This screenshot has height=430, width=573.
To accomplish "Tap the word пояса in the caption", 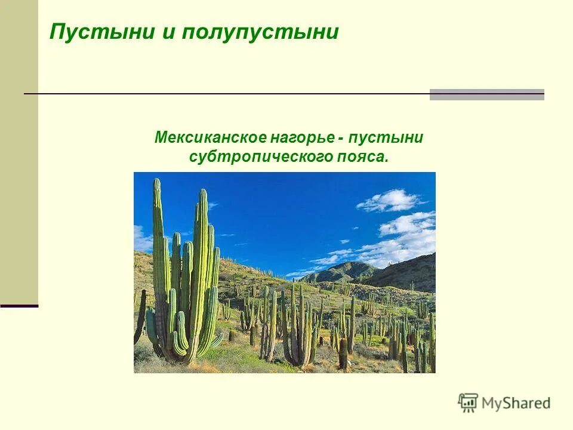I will [x=364, y=158].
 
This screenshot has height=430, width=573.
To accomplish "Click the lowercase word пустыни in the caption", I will [x=387, y=138].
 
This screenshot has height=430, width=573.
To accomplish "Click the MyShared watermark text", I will [x=516, y=403].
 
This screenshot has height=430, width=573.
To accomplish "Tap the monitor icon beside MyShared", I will [x=469, y=403].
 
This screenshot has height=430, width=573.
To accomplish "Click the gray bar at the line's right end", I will [x=486, y=94].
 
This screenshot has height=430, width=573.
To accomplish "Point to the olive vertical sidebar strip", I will [x=19, y=149].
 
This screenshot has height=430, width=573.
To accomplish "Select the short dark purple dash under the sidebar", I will [x=19, y=306].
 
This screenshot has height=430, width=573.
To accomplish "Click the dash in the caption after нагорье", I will [x=340, y=139].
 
